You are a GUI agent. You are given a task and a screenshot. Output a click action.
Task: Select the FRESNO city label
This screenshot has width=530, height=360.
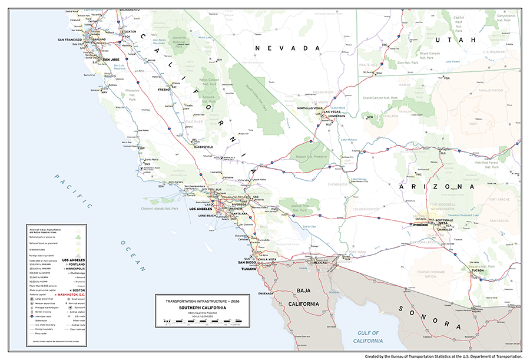[163, 90]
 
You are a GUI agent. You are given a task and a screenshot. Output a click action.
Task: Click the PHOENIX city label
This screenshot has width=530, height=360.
[420, 224]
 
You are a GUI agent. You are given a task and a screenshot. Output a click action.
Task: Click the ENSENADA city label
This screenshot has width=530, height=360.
[260, 293]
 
